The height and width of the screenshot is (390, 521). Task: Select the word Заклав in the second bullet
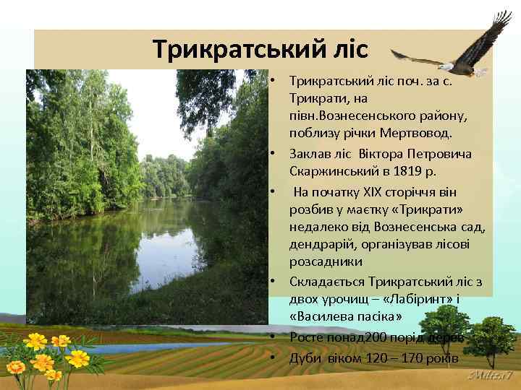[307, 154]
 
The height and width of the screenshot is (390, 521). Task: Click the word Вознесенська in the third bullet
[410, 227]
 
